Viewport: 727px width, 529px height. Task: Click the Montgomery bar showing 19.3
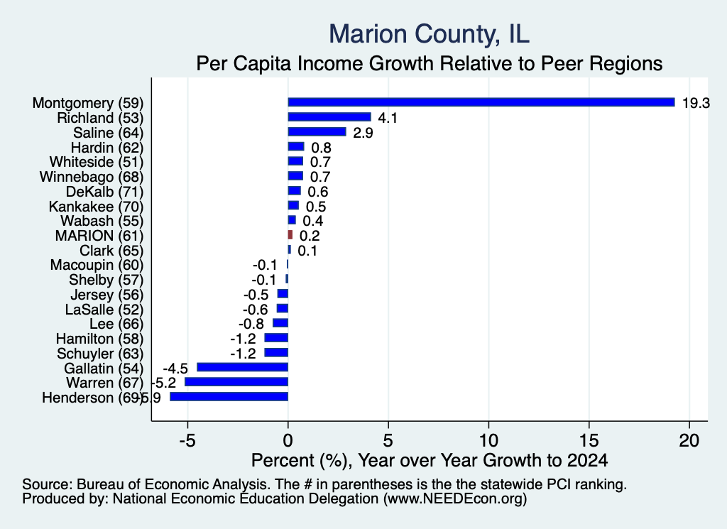(481, 102)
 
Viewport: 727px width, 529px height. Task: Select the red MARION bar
(290, 234)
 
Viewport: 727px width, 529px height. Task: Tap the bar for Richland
(329, 117)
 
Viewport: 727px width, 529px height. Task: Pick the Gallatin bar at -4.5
(243, 367)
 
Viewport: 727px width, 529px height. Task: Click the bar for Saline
(317, 131)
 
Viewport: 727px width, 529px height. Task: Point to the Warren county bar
(236, 382)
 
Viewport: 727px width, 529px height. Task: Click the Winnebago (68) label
(92, 177)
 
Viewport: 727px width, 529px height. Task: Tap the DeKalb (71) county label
(105, 192)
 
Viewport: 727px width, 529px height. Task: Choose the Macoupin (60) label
(97, 265)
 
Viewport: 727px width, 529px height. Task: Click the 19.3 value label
(696, 103)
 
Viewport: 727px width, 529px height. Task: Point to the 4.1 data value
(388, 118)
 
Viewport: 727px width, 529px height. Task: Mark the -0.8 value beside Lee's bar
(251, 324)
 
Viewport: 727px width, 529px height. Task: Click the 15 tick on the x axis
(589, 440)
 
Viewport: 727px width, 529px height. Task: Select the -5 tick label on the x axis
(187, 440)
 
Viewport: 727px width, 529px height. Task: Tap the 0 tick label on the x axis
(288, 440)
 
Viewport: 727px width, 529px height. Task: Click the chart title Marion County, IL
(430, 34)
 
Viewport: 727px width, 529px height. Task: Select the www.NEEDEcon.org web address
(455, 499)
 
